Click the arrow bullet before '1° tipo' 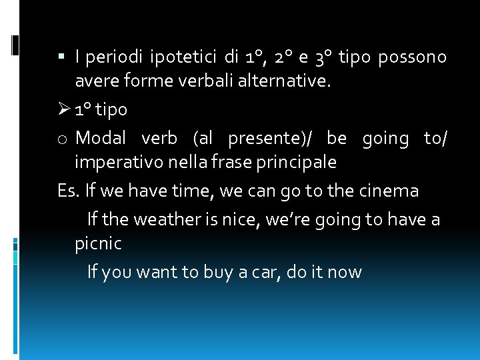click(x=65, y=108)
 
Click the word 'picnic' click(x=99, y=243)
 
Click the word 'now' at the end click(x=345, y=272)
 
